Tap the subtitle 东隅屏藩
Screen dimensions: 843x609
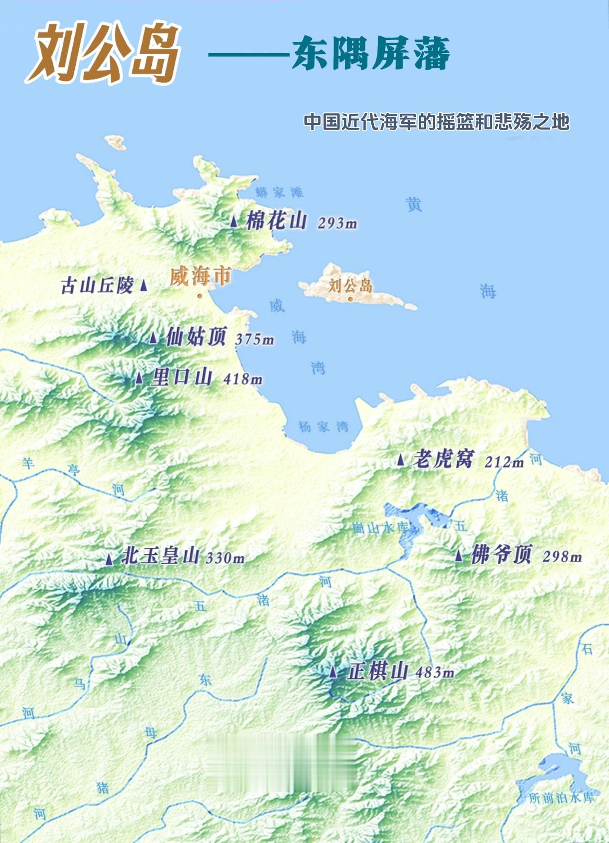370,53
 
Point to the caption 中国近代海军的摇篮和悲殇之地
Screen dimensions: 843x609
436,122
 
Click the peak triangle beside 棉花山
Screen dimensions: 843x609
234,221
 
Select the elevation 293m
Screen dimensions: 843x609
337,223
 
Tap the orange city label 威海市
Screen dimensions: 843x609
200,277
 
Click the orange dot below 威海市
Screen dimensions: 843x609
200,296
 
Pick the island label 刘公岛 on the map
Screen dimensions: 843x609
350,286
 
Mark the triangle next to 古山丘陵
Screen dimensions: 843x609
144,285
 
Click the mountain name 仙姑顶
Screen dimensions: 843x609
196,337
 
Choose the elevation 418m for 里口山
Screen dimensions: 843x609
243,379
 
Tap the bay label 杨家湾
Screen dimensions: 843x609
324,427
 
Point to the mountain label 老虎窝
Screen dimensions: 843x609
443,459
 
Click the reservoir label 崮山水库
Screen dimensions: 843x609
380,528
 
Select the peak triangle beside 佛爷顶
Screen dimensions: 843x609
459,555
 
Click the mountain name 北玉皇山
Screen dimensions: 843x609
160,556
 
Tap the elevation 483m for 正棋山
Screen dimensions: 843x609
434,672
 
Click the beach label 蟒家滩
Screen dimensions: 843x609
279,193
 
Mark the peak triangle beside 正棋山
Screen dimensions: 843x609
333,672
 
